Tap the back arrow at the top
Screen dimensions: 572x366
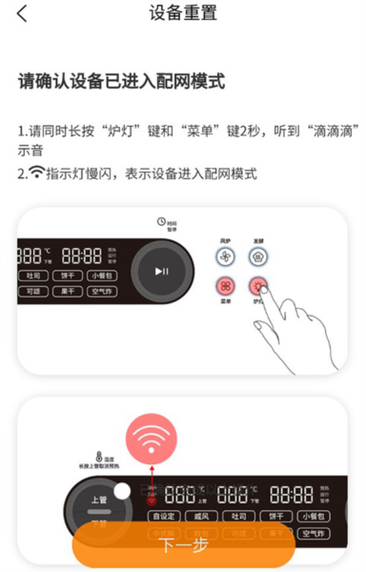pos(22,14)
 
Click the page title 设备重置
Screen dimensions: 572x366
pos(183,14)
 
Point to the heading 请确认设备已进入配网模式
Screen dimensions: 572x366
pos(121,82)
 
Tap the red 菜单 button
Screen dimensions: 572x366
pos(225,287)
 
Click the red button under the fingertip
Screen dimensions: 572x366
pos(258,286)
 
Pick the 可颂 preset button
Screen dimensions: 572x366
pos(32,291)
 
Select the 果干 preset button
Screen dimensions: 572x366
pos(67,291)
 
